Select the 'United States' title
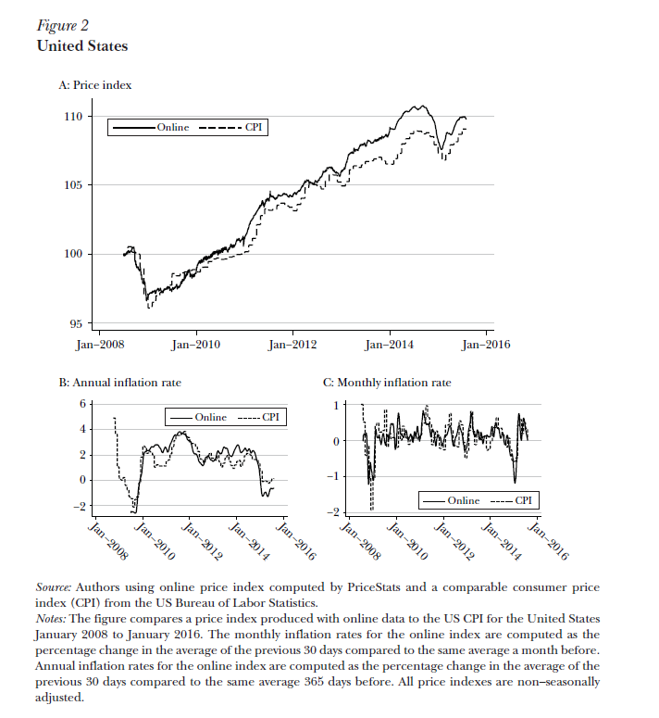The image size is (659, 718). [81, 45]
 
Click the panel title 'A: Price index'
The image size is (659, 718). [95, 85]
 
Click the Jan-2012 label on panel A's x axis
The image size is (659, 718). [292, 346]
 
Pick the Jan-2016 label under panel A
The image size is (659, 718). [486, 346]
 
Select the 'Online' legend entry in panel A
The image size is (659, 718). [172, 127]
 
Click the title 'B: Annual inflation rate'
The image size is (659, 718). [120, 382]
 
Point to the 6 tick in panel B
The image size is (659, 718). [82, 404]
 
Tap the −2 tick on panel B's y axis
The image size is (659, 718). [80, 506]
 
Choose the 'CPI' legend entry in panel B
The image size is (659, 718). [270, 418]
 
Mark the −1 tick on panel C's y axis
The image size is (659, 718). [334, 476]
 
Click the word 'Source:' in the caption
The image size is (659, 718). [54, 587]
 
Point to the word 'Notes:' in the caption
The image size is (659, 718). [51, 618]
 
